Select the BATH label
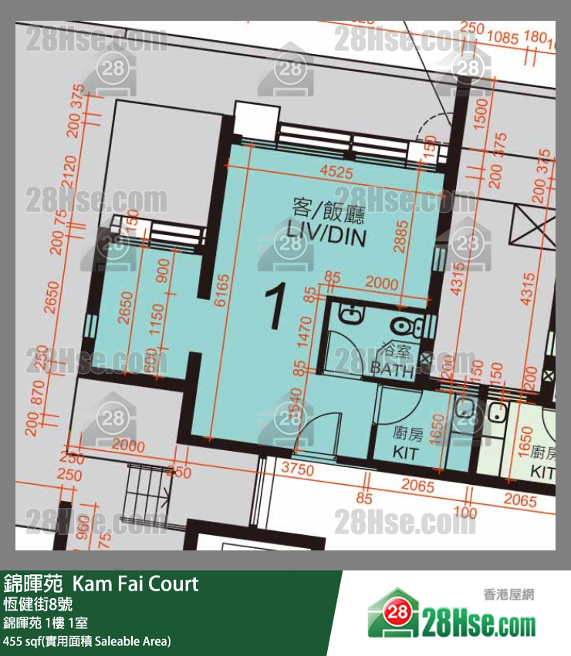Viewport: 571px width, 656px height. (392, 368)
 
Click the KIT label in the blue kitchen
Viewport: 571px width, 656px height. (406, 452)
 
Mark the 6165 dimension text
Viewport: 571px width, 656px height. (221, 292)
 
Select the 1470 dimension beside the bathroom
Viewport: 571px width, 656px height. (302, 331)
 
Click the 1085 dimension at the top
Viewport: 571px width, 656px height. (503, 36)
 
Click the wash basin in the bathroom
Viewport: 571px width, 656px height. (349, 314)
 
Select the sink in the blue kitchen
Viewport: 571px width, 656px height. (465, 406)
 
